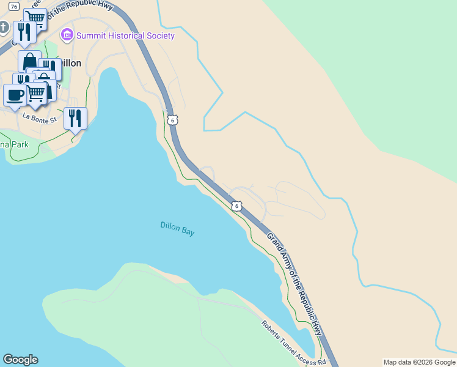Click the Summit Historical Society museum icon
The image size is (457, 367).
67,35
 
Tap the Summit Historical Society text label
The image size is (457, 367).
125,35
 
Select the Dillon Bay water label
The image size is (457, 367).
177,228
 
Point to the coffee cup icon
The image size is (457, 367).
15,95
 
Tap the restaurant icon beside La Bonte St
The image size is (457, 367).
75,117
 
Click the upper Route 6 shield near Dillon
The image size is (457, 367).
173,120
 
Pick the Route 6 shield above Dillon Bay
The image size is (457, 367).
236,206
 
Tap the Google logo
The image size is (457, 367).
20,359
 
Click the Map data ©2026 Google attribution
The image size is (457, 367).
419,362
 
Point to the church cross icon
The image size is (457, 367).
4,28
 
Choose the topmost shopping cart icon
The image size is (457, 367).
35,18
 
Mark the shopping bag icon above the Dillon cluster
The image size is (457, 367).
29,61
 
